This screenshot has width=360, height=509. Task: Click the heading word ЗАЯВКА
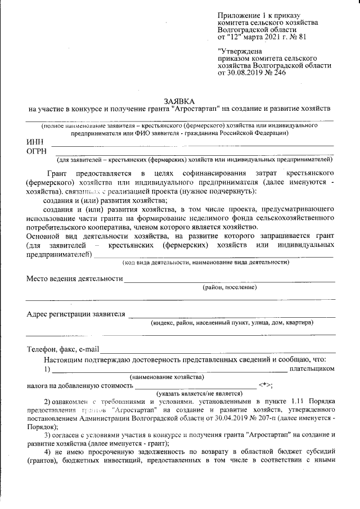179,100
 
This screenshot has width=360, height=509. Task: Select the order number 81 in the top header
302,38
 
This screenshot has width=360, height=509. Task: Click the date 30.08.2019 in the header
244,74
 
